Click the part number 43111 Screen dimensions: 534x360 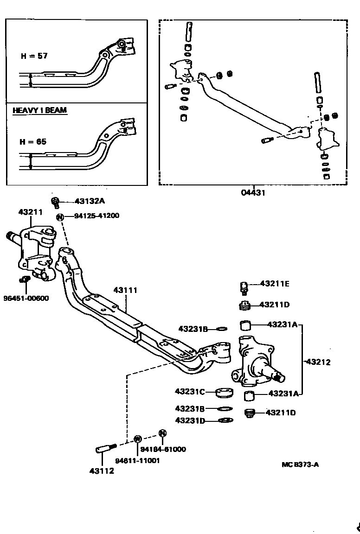click(x=125, y=290)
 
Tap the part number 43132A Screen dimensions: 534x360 click(x=90, y=202)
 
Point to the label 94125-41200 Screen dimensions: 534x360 click(x=96, y=216)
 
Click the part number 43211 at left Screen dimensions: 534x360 click(x=30, y=212)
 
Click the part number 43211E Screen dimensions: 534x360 click(x=274, y=283)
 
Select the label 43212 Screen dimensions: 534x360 click(x=318, y=362)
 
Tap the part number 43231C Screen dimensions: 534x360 click(x=190, y=391)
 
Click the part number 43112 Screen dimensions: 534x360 click(x=102, y=471)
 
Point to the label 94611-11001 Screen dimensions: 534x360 click(x=137, y=461)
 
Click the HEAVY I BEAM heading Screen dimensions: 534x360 click(x=39, y=110)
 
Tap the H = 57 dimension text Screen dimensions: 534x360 click(x=34, y=56)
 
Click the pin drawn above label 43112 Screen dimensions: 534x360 click(x=106, y=448)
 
